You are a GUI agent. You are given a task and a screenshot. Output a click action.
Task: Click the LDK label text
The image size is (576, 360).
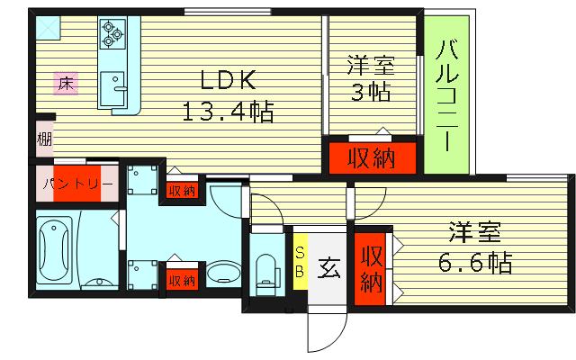228,80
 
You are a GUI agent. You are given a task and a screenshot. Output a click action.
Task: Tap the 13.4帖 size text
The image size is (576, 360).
228,112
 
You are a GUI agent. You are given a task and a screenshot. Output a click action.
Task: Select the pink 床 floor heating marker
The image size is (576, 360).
66,84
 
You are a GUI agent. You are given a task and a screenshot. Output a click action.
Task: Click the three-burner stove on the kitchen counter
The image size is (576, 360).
112,34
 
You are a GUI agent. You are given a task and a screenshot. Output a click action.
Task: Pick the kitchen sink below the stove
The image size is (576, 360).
113,88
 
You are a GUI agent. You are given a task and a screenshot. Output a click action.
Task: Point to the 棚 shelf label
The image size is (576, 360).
44,139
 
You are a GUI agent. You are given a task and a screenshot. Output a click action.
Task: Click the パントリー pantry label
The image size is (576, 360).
77,184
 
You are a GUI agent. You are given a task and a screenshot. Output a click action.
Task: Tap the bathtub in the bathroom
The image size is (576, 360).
54,250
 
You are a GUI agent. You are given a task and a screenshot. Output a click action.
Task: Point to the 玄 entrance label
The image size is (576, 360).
328,268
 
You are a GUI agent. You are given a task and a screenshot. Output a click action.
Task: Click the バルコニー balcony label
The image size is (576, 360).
447,95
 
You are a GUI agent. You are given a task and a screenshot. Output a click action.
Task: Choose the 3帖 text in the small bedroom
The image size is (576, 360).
370,92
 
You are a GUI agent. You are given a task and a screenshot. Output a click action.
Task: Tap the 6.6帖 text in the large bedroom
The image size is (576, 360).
474,262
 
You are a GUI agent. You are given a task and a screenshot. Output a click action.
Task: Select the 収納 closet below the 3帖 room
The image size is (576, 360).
372,158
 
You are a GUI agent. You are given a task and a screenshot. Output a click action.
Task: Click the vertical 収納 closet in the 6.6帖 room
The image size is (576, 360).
370,269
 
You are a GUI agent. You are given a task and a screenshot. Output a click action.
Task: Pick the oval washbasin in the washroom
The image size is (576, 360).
223,274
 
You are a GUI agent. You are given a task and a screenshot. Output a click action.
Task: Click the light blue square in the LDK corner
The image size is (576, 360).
48,27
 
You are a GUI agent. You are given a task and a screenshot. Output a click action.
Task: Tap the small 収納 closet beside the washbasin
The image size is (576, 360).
182,280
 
